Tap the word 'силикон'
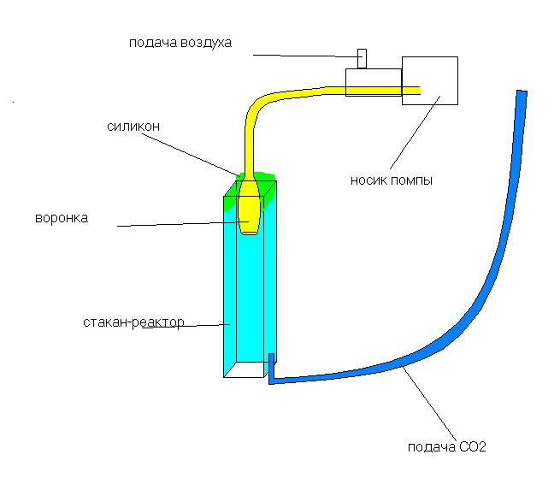133,127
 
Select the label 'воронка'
61,219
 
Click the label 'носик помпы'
391,181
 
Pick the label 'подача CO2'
447,447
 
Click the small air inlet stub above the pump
362,58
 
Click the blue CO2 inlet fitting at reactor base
271,369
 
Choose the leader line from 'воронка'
180,225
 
